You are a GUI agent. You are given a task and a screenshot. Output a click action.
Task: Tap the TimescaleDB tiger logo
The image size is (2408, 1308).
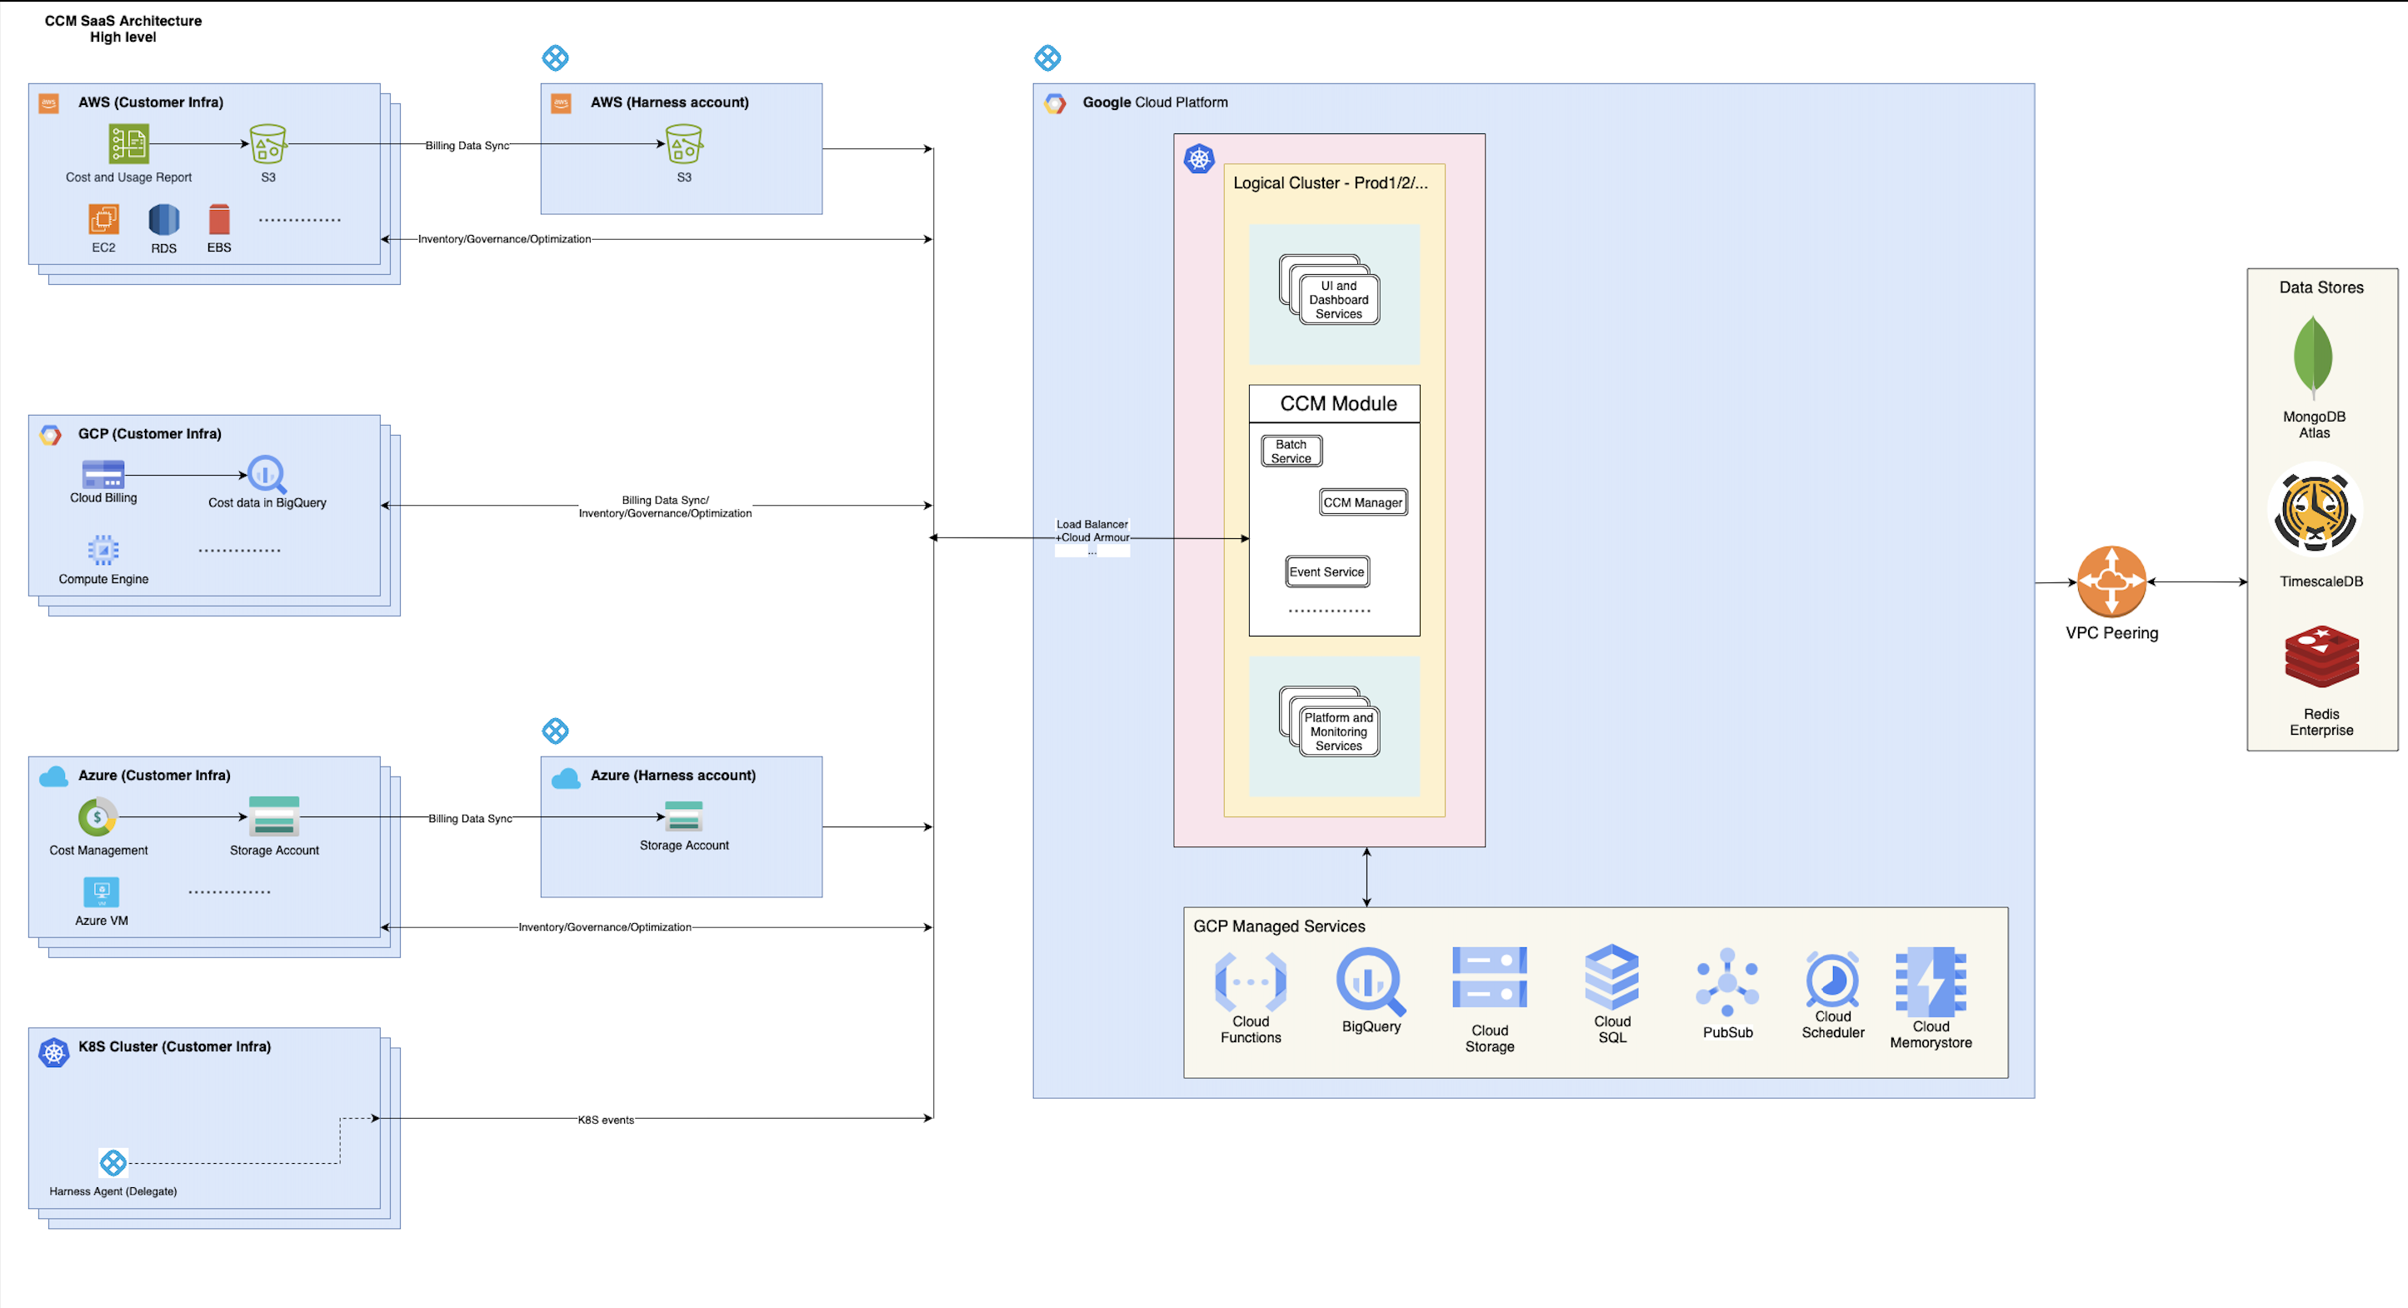[2315, 512]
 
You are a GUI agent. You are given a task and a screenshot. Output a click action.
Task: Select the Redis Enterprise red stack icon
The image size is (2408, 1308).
[2321, 657]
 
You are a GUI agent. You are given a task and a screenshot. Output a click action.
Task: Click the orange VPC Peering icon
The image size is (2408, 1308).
[2111, 582]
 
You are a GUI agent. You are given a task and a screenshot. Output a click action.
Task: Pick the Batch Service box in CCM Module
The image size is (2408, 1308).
[1291, 451]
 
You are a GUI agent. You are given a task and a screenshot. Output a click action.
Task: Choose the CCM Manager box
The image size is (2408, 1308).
[1363, 502]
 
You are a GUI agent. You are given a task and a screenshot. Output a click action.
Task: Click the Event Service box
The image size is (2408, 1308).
[1326, 572]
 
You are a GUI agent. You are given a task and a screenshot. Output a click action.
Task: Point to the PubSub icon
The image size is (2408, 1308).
[1726, 981]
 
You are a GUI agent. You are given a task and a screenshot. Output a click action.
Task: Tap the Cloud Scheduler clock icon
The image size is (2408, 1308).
[1832, 979]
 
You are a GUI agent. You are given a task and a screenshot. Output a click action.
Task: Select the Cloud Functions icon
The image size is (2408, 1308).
[1250, 981]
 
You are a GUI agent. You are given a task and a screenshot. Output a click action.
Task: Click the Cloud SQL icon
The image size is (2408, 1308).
[1611, 976]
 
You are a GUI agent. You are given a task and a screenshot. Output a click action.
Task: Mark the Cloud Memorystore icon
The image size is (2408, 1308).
[1931, 981]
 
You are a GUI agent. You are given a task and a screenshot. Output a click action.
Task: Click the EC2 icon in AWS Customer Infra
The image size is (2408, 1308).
[104, 219]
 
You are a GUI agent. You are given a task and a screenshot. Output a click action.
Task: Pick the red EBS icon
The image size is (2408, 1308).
[219, 219]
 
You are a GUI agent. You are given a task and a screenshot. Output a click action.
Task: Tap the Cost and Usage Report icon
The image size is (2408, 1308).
[128, 144]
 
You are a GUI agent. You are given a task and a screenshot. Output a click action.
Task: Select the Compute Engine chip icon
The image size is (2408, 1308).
[102, 550]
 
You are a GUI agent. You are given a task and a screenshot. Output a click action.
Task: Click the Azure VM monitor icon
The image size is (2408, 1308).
[101, 891]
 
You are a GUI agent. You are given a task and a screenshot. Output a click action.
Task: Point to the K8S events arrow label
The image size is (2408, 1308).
[606, 1119]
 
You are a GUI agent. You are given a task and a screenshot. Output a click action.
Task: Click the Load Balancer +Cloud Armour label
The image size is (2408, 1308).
[1092, 531]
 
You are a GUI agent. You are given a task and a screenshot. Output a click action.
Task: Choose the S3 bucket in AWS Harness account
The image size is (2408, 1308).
[683, 144]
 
